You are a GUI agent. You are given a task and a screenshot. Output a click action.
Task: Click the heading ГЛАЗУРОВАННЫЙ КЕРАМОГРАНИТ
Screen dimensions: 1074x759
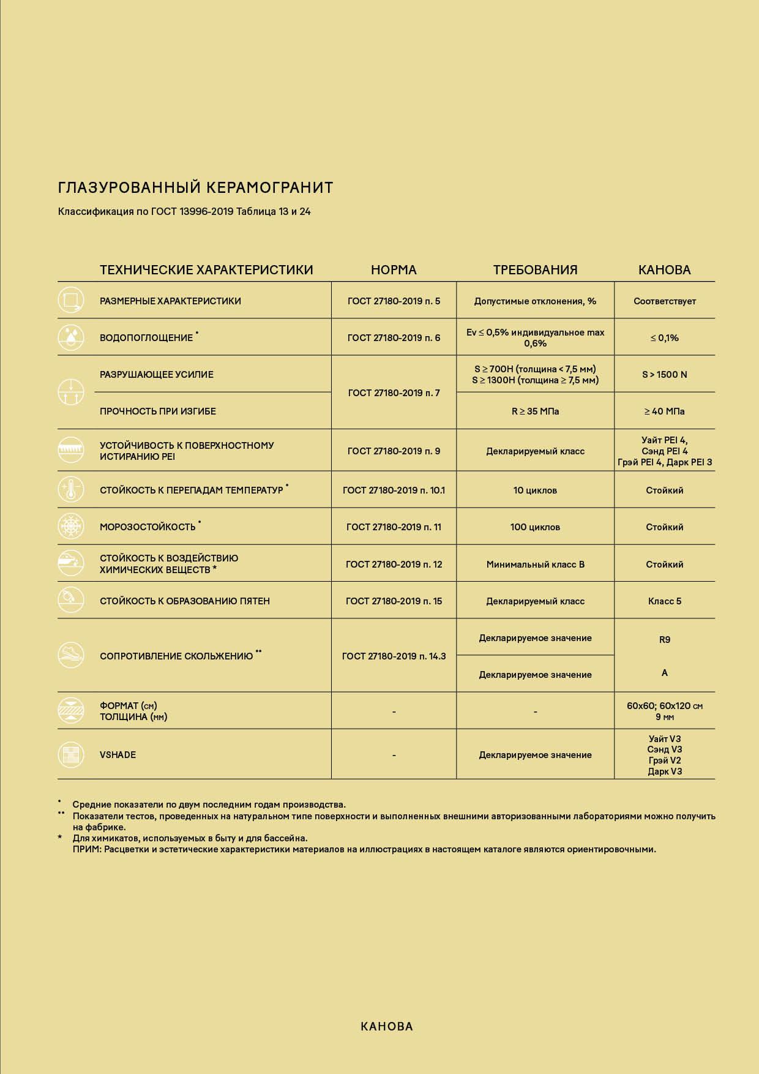coord(195,187)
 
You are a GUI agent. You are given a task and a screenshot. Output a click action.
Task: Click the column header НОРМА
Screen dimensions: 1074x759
coord(394,270)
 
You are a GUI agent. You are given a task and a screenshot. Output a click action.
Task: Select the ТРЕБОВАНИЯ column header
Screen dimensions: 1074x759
coord(535,270)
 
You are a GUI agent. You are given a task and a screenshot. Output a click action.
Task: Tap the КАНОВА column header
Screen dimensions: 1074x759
coord(664,270)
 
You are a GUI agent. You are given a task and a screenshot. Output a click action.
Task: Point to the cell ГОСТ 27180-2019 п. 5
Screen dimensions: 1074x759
coord(394,301)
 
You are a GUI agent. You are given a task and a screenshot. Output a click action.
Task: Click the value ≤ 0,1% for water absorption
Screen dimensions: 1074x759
coord(664,338)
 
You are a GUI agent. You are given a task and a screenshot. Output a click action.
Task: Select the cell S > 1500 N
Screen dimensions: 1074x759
coord(664,375)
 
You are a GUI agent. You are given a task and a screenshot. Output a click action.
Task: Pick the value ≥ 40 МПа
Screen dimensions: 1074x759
coord(664,411)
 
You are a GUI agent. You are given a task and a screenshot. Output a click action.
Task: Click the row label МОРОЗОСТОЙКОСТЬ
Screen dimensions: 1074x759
coord(148,527)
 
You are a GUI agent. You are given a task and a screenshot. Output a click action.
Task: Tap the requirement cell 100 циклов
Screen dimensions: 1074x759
coord(535,527)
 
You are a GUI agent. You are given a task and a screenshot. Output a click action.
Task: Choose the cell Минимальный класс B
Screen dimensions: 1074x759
coord(535,565)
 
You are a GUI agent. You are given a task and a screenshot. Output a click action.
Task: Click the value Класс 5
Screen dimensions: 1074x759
coord(664,601)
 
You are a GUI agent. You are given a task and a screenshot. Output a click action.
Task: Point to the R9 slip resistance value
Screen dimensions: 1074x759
coord(664,640)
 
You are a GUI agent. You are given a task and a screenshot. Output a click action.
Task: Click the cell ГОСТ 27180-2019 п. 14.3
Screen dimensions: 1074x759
coord(394,656)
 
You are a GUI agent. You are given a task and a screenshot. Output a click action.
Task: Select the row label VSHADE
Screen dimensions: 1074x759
coord(118,755)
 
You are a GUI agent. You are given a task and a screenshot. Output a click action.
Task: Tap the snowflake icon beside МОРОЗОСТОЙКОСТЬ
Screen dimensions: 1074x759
coord(71,527)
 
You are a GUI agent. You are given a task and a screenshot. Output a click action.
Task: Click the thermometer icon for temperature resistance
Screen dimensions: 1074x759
coord(71,490)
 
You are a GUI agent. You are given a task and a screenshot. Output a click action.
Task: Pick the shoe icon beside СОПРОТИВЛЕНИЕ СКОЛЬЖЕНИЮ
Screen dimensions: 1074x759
coord(71,655)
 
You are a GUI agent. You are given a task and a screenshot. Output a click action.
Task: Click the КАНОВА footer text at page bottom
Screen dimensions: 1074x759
coord(387,1027)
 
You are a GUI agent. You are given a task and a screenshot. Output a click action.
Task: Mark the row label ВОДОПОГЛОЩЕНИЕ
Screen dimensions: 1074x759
coord(146,338)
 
